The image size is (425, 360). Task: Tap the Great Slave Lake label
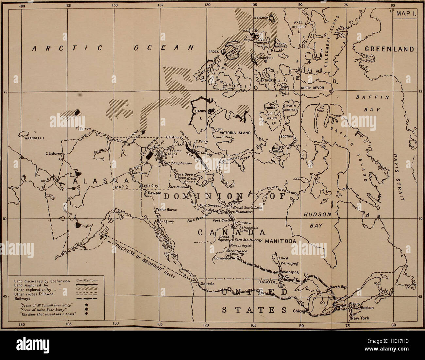(247, 207)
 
